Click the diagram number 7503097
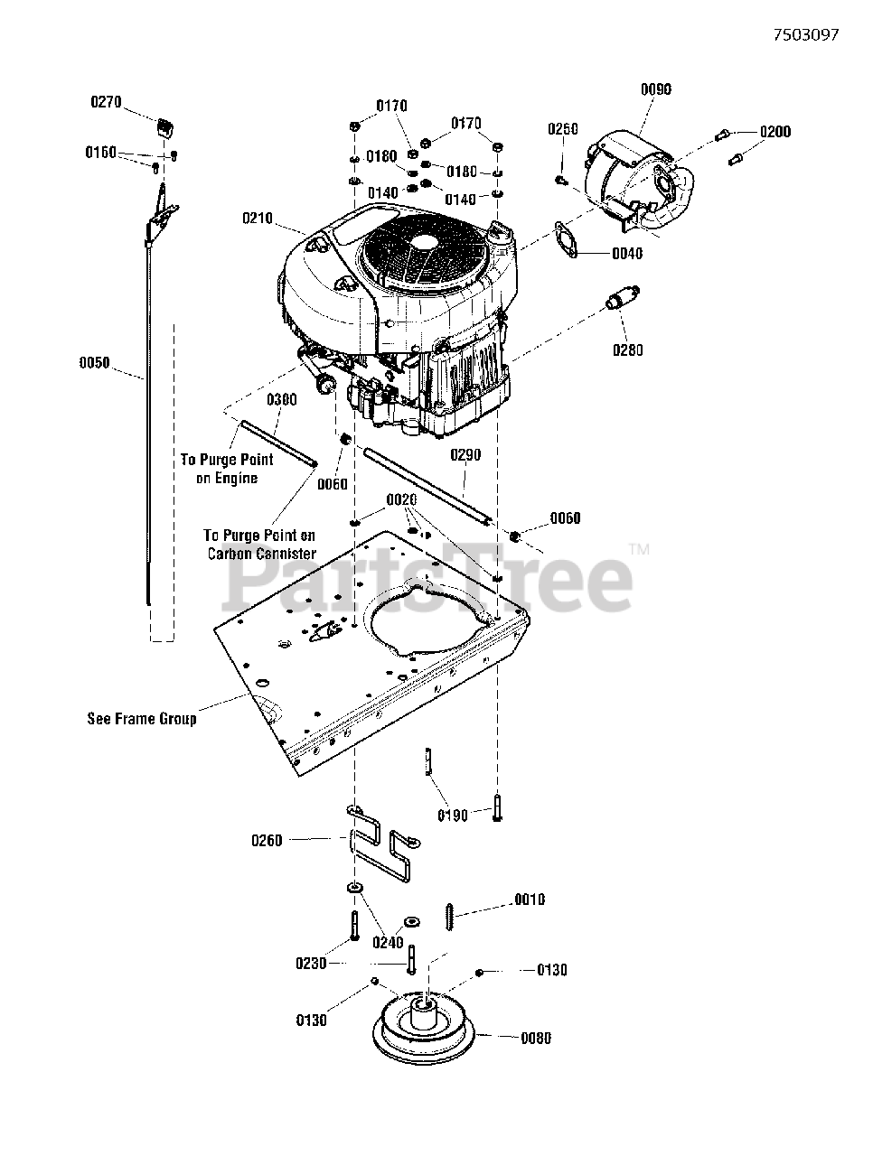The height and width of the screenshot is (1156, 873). pos(806,35)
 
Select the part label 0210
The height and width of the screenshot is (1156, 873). pos(258,218)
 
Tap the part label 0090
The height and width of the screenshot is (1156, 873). pos(656,89)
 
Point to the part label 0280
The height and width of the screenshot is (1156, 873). pos(628,350)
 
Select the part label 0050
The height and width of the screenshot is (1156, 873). pos(94,363)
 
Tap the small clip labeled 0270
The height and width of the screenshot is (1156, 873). pos(165,126)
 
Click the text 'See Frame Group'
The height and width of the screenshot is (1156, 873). pos(141,719)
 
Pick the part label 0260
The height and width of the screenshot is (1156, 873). pos(267,841)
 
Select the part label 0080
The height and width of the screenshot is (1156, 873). pos(536,1038)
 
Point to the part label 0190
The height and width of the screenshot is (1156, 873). pos(453,816)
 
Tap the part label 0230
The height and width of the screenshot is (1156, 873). pos(311,964)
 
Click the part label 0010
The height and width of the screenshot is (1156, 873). pos(530,900)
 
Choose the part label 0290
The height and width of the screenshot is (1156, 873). pos(465,456)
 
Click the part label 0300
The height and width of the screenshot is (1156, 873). pos(281,399)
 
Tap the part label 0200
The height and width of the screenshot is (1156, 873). pos(774,132)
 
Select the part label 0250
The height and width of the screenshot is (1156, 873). pos(562,129)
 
